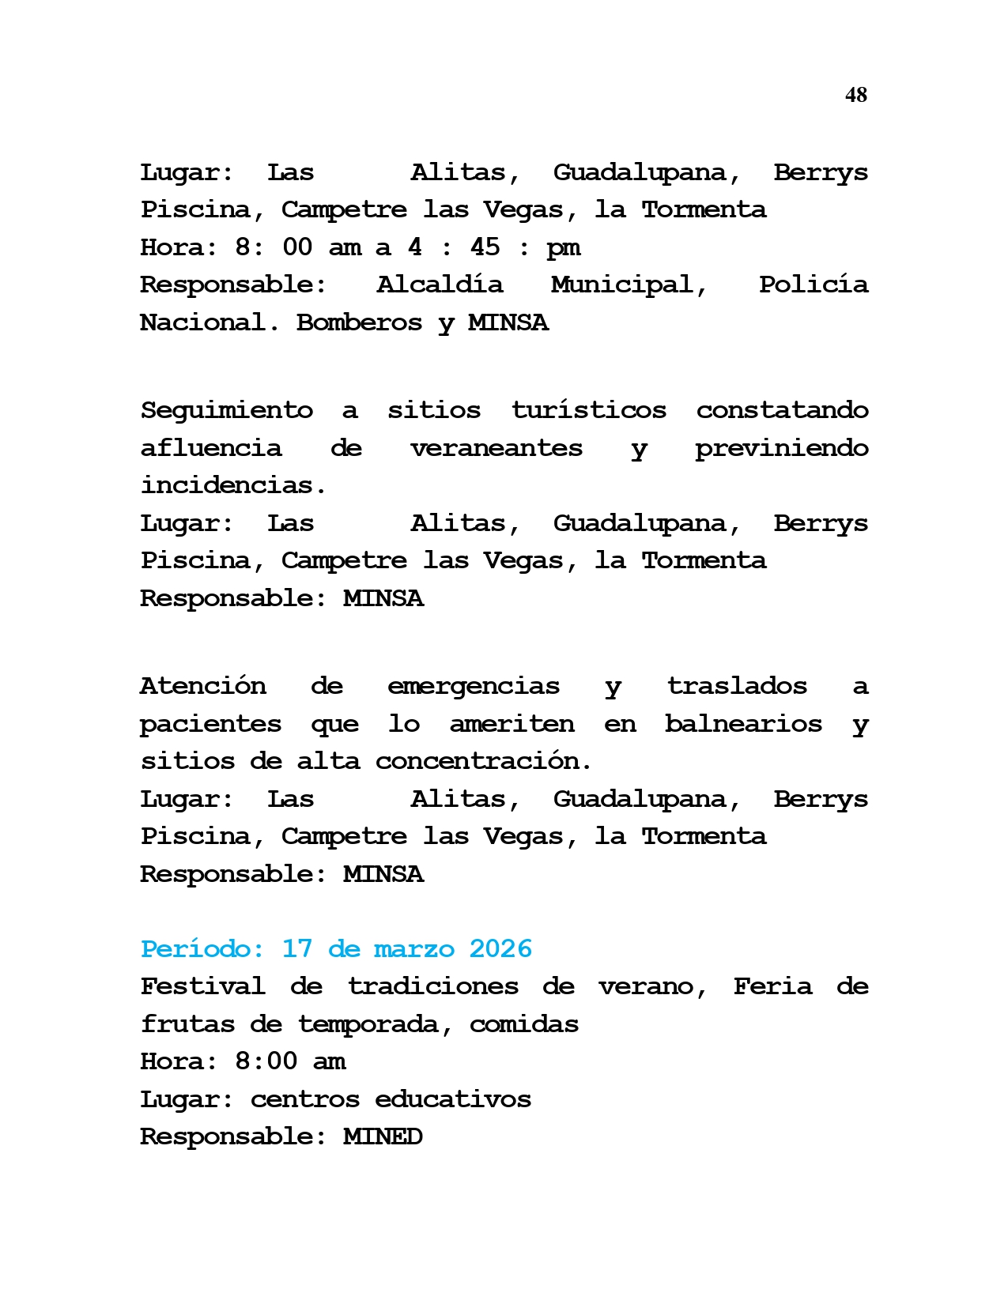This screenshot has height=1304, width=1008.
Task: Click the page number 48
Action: coord(855,95)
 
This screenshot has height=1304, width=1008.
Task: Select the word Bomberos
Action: coord(359,322)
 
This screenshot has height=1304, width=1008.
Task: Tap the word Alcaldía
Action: coord(439,285)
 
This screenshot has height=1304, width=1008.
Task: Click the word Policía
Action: coord(813,285)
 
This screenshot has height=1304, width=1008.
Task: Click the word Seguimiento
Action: coord(226,410)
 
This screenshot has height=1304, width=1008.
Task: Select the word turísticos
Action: coord(588,410)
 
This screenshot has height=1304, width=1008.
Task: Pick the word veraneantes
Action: coord(496,448)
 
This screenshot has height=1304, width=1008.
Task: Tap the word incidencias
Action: coord(233,485)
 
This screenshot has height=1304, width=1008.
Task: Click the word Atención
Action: coord(202,686)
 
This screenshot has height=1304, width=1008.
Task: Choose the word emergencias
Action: coord(473,686)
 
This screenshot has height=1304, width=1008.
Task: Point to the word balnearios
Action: coord(742,724)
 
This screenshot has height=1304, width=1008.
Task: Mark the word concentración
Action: coord(483,761)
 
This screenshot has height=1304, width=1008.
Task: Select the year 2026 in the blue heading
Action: coord(500,948)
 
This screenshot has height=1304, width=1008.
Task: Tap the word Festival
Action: coord(202,986)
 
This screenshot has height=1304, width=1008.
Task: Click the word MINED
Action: coord(383,1136)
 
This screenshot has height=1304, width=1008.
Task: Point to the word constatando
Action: coord(782,410)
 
